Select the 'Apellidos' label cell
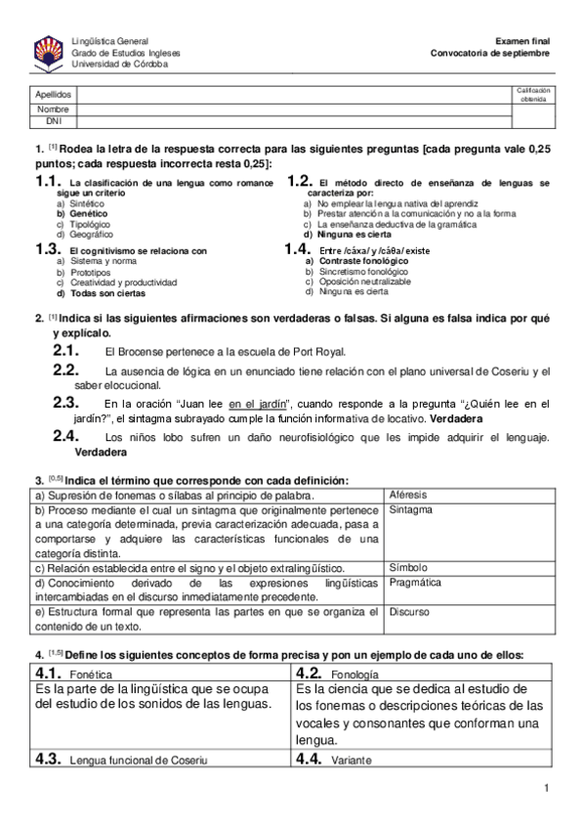pos(53,95)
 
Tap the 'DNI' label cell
pos(53,120)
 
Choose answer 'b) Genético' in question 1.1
pos(82,212)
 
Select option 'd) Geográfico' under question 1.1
pos(85,235)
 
